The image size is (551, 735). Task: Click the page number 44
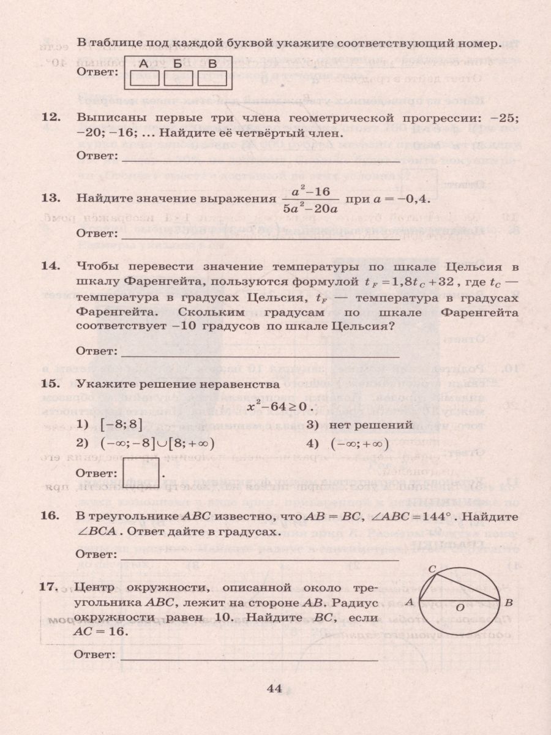274,688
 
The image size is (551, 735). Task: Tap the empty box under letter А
144,78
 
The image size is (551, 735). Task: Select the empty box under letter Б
178,78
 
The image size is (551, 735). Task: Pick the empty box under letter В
212,78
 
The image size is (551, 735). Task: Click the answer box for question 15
141,472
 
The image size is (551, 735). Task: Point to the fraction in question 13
310,199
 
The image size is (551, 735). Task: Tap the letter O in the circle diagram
459,607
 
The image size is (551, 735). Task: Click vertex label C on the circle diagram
431,569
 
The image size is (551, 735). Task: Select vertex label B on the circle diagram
508,602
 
